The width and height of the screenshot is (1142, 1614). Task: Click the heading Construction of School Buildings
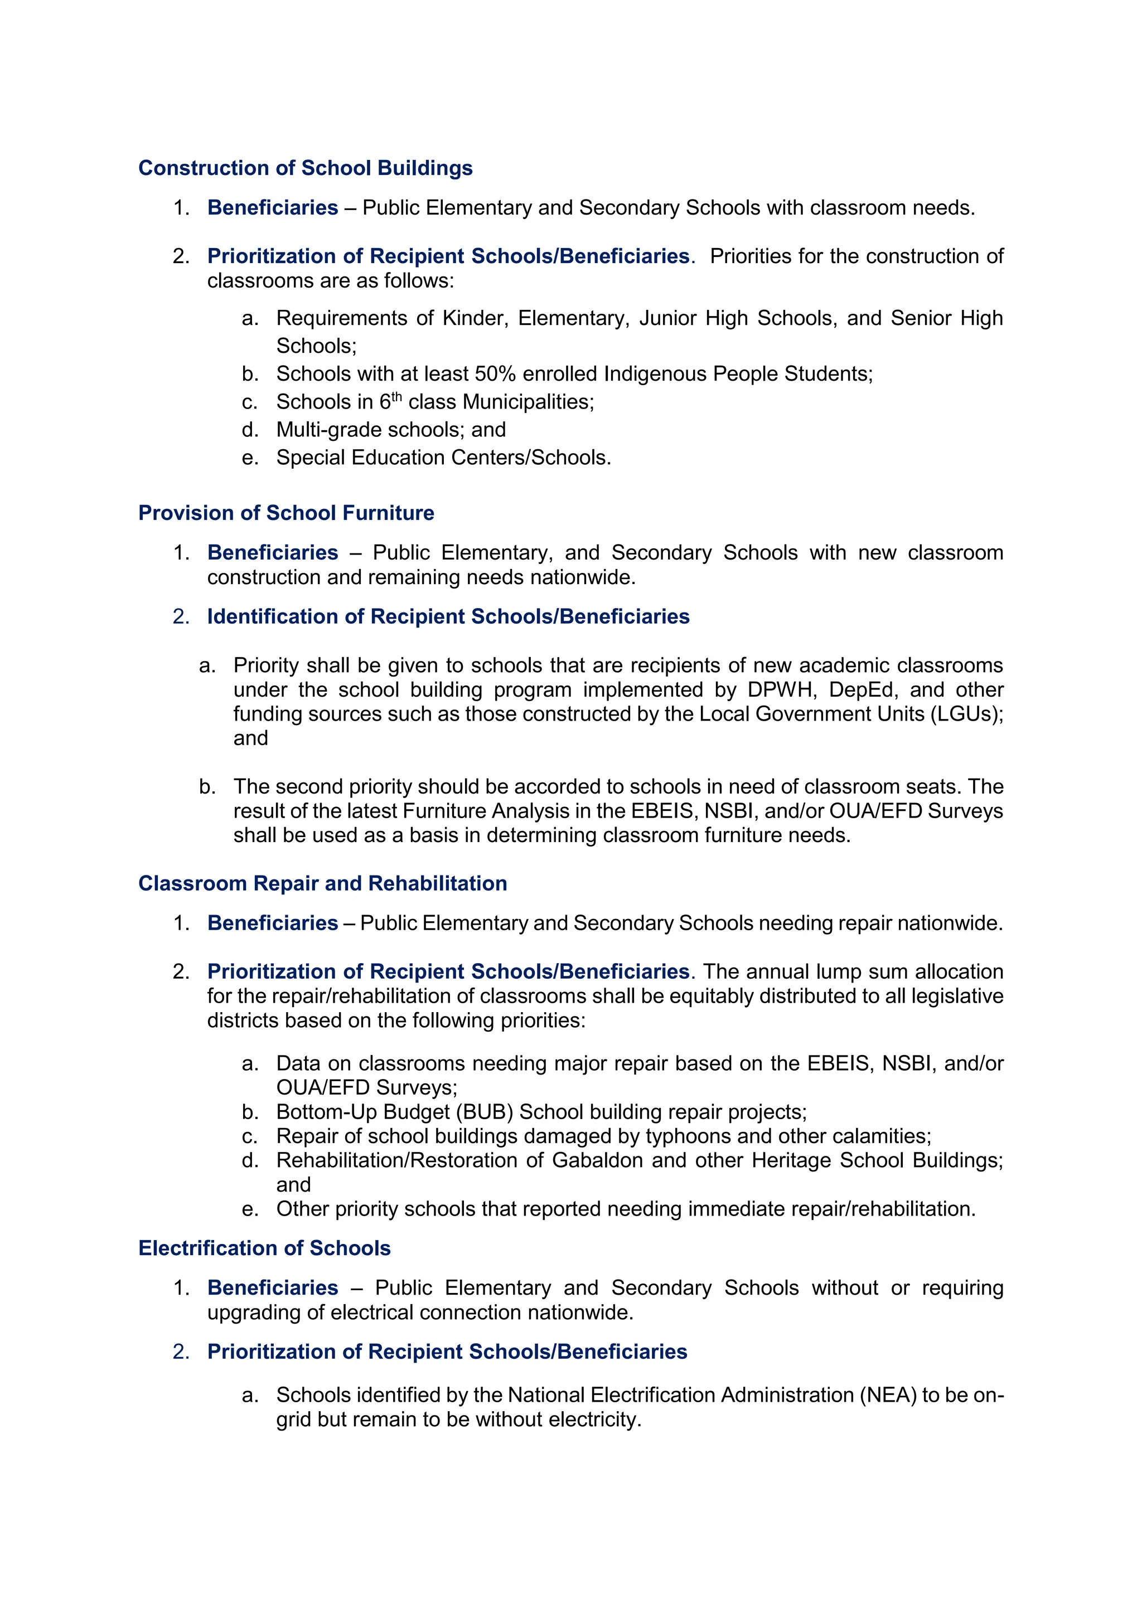(305, 168)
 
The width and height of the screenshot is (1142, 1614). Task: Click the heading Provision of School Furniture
(286, 513)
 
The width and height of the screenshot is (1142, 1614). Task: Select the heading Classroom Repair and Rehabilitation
(323, 883)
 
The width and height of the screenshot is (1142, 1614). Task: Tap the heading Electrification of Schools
(264, 1248)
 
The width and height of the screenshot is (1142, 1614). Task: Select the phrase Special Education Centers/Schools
(443, 458)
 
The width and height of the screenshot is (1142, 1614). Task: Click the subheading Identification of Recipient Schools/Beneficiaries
(448, 616)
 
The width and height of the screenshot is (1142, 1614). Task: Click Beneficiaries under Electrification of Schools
(273, 1288)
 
